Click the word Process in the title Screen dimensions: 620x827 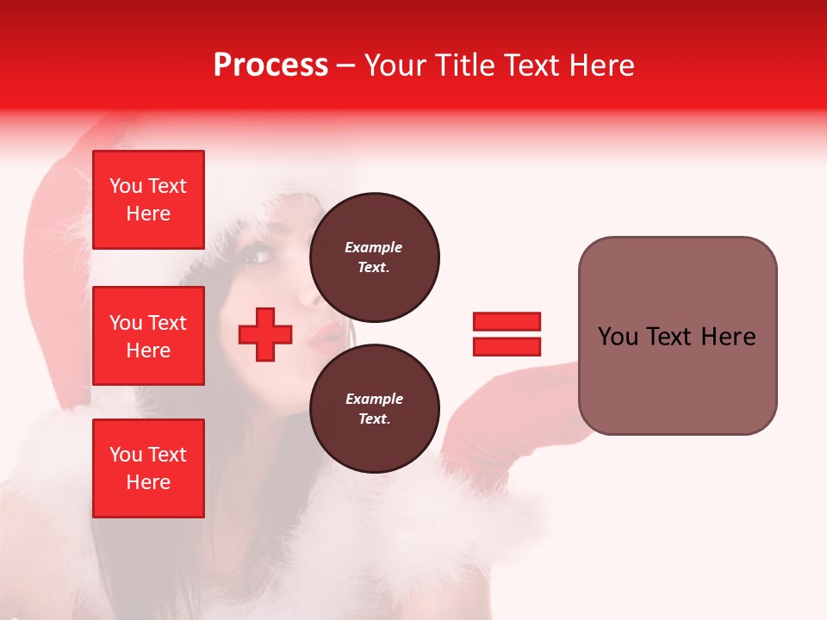(270, 65)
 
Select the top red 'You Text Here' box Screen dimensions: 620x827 (148, 200)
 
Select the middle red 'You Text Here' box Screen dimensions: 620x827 (148, 336)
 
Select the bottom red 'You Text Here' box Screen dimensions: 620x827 (148, 468)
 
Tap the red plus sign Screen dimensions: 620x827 (265, 334)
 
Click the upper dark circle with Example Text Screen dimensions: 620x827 (374, 257)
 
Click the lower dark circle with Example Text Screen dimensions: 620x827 (374, 409)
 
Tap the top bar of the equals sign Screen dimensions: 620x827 (507, 322)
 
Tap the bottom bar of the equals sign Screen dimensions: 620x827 (507, 346)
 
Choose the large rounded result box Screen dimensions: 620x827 (677, 336)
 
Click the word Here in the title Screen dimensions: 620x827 (602, 65)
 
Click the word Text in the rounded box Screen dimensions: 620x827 (676, 337)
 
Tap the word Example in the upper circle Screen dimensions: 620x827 (374, 247)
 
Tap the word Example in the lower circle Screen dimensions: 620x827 (374, 399)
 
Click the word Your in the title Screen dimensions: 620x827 (395, 65)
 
